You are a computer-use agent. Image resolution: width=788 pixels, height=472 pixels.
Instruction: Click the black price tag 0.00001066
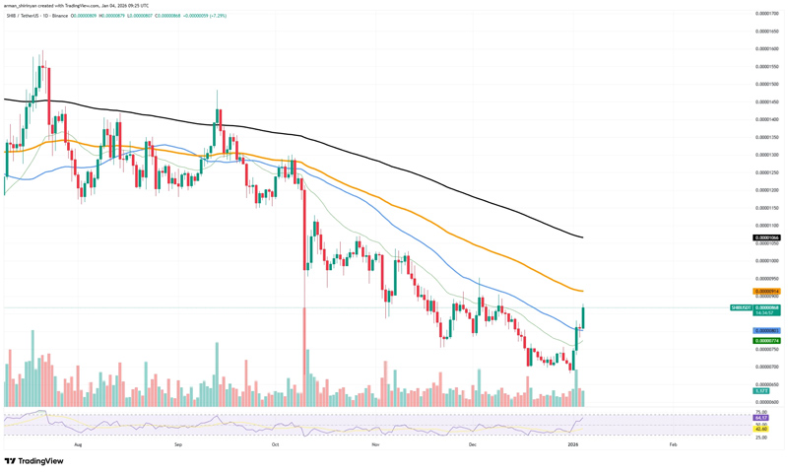(767, 238)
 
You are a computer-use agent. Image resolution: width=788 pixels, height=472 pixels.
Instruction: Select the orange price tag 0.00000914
(767, 292)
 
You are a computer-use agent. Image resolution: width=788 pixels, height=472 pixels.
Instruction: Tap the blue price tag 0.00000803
(767, 330)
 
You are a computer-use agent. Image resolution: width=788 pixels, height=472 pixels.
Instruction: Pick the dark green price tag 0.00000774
(767, 340)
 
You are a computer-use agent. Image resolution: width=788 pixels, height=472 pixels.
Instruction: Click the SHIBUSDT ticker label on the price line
(742, 308)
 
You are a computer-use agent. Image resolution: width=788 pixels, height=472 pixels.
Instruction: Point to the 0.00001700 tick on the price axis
(767, 14)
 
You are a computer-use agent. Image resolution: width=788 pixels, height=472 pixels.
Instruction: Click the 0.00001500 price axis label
(767, 84)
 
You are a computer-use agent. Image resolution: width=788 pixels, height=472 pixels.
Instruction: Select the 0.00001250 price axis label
(767, 171)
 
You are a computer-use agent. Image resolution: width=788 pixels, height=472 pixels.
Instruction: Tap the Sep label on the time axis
(178, 445)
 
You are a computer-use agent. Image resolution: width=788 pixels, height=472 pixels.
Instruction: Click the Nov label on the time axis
(375, 445)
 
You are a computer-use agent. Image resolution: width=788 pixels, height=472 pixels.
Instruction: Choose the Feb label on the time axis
(673, 445)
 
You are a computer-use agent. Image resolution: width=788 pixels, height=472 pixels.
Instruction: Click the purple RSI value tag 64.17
(761, 418)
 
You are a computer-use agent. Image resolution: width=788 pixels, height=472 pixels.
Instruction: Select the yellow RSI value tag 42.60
(761, 428)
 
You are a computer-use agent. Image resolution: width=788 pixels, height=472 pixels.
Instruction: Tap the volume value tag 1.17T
(761, 391)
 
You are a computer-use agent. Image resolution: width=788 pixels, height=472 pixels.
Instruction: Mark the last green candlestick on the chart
(584, 316)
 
